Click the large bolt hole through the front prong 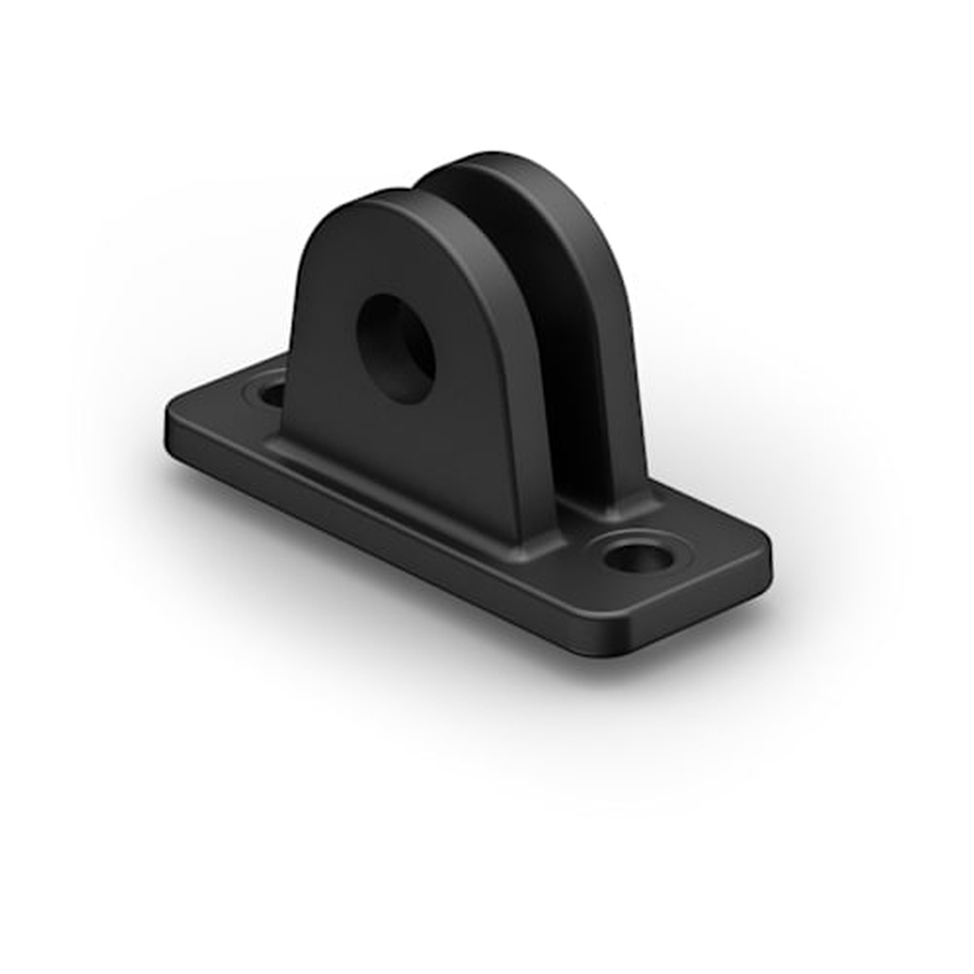(397, 347)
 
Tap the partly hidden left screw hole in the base (270, 395)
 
